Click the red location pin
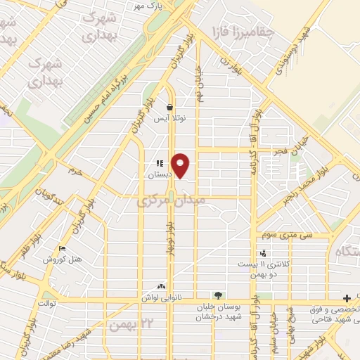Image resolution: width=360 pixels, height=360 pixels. pos(181,165)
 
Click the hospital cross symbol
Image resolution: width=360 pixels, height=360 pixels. pos(347,297)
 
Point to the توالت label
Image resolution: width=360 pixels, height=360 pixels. pos(44,304)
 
